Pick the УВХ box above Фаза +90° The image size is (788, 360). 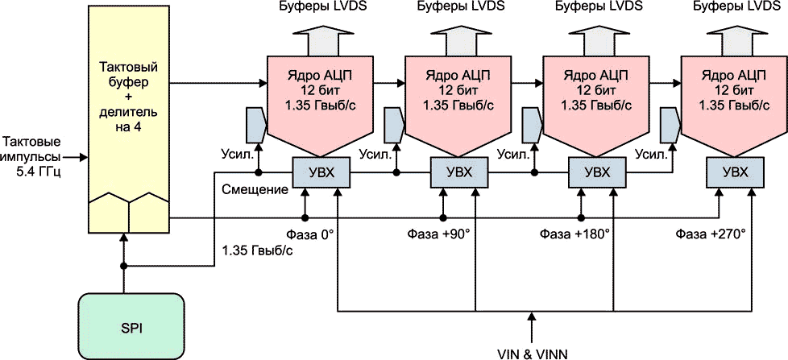455,172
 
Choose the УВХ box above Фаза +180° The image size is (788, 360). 595,172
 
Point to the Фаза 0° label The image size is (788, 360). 309,234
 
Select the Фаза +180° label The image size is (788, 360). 574,234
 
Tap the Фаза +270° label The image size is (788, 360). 711,234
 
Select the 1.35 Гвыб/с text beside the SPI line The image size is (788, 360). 257,250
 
